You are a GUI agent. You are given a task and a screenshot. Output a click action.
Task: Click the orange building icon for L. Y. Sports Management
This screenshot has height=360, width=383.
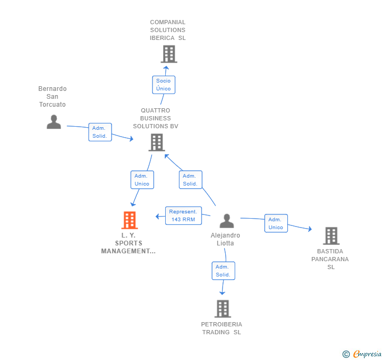pyautogui.click(x=129, y=220)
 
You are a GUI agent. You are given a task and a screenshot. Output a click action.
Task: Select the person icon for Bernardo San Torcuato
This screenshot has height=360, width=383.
pyautogui.click(x=54, y=121)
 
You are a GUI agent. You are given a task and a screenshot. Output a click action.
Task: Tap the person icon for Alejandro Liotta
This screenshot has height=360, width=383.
pyautogui.click(x=227, y=221)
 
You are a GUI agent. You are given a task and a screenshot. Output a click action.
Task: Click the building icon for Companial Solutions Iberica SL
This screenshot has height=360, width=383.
pyautogui.click(x=169, y=54)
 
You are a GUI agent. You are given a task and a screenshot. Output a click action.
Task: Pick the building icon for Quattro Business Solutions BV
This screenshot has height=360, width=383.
pyautogui.click(x=157, y=142)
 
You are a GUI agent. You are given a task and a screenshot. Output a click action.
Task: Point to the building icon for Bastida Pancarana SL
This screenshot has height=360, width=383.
pyautogui.click(x=331, y=236)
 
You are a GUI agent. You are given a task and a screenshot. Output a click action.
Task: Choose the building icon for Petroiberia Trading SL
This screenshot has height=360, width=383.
pyautogui.click(x=223, y=308)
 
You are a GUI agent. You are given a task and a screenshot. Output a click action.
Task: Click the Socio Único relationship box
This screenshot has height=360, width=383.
pyautogui.click(x=164, y=85)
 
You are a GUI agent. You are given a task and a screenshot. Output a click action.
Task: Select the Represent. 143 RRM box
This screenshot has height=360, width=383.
pyautogui.click(x=184, y=215)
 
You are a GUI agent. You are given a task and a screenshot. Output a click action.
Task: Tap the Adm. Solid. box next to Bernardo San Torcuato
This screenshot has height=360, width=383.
pyautogui.click(x=100, y=132)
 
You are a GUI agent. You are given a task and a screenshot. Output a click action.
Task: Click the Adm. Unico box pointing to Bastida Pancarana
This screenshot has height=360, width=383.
pyautogui.click(x=276, y=223)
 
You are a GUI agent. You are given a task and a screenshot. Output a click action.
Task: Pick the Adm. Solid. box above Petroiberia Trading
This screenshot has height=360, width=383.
pyautogui.click(x=223, y=271)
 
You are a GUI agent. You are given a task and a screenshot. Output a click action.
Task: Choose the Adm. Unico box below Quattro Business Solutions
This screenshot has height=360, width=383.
pyautogui.click(x=142, y=180)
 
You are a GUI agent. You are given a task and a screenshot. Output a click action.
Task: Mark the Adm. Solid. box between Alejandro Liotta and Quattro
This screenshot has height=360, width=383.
pyautogui.click(x=190, y=180)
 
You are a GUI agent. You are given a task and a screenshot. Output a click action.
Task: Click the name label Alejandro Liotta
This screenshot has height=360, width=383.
pyautogui.click(x=225, y=239)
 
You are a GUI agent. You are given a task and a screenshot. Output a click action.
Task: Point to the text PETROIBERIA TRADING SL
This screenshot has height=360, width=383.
pyautogui.click(x=221, y=328)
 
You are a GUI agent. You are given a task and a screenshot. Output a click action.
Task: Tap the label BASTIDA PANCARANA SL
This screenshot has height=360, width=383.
pyautogui.click(x=330, y=259)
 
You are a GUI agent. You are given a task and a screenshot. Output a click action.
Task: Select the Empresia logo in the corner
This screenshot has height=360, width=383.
pyautogui.click(x=362, y=354)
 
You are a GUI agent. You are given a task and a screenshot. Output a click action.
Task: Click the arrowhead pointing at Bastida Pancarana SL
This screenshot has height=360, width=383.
pyautogui.click(x=310, y=229)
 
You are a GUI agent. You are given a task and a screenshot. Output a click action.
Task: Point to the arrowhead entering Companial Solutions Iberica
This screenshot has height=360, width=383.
pyautogui.click(x=166, y=68)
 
